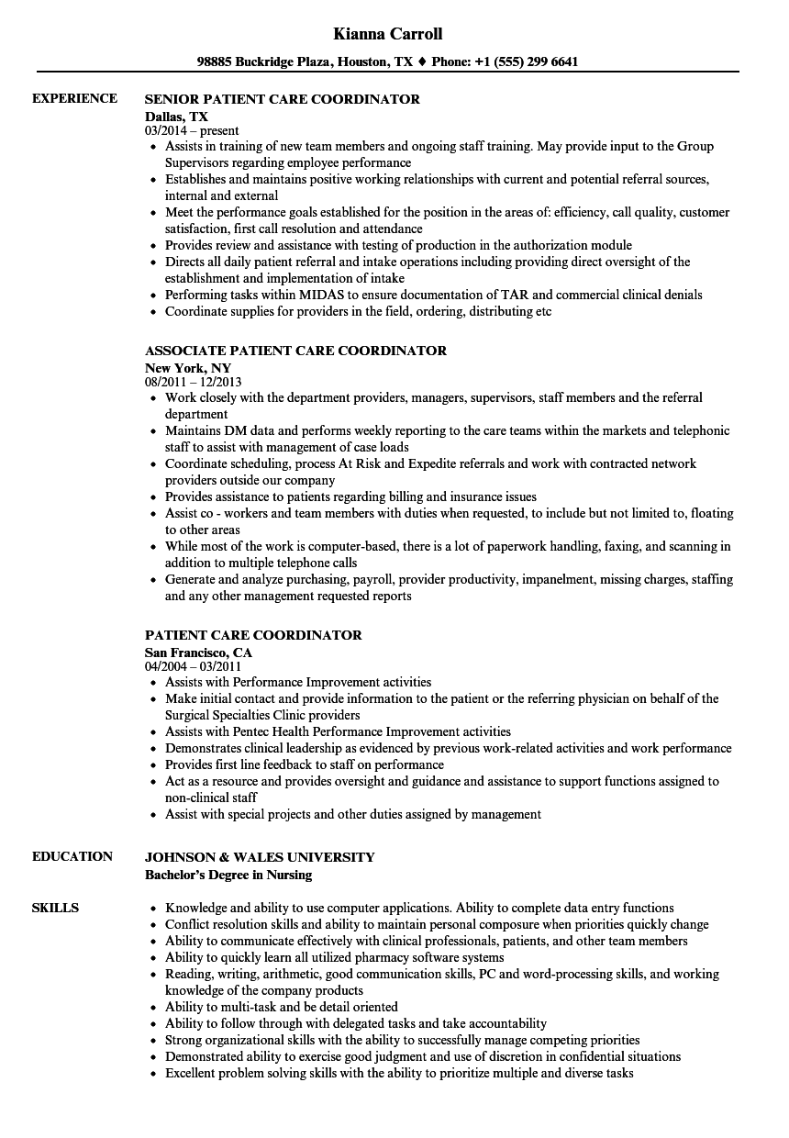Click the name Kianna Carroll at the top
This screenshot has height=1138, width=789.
(x=389, y=34)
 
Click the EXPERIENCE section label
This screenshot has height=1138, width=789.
(x=74, y=99)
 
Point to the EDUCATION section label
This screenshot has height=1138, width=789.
(x=72, y=856)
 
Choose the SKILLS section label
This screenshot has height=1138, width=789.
(x=55, y=908)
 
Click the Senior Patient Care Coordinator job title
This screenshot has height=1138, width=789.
(x=283, y=99)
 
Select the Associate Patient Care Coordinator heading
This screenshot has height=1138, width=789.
(x=296, y=351)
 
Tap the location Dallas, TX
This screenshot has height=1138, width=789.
(x=177, y=116)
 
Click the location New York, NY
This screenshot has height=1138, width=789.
(x=188, y=367)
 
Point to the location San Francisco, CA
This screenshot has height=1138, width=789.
(x=198, y=652)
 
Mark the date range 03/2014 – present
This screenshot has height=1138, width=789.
(x=192, y=130)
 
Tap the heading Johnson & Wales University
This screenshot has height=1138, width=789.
(x=260, y=857)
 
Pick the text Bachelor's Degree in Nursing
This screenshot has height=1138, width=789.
(x=228, y=874)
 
